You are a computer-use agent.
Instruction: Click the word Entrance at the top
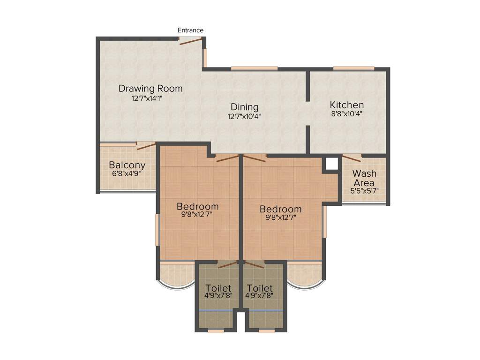point(190,30)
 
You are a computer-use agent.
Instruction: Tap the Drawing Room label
point(150,89)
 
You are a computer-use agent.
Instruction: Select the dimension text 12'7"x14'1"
point(150,98)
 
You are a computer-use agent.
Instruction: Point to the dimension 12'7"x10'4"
point(244,116)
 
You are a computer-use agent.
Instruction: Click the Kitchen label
point(346,105)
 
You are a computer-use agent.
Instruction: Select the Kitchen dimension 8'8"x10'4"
point(346,114)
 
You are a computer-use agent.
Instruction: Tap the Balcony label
point(127,165)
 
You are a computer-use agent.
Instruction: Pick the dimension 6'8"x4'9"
point(127,173)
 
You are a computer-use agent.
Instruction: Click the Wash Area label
point(364,178)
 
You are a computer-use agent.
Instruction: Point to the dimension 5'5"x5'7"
point(364,191)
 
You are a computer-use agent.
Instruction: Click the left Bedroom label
point(197,206)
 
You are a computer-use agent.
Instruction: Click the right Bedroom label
point(280,209)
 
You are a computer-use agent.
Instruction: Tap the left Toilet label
point(218,288)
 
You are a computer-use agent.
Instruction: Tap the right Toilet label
point(260,288)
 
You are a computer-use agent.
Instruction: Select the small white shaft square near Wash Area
point(332,164)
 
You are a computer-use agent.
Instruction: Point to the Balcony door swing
point(146,146)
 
